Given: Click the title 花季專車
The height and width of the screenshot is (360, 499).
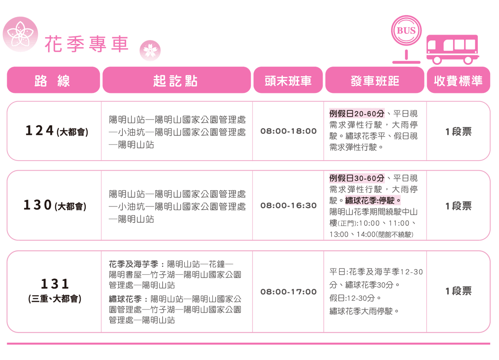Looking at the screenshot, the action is [87, 44].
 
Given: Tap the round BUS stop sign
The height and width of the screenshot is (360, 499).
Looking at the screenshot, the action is [406, 30].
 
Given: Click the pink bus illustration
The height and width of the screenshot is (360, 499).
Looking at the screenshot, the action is [452, 49].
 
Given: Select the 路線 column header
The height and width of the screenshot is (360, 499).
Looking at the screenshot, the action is [53, 80].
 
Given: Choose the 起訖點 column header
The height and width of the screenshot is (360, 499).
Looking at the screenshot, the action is [177, 80].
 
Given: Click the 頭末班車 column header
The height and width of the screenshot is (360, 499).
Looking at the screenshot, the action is [288, 80].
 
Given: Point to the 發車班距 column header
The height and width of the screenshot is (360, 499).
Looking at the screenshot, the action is [375, 80].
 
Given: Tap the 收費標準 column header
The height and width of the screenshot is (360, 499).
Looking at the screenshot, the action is [458, 80].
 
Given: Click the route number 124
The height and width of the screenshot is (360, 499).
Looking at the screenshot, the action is [39, 131].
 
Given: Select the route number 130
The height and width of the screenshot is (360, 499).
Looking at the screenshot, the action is [38, 205].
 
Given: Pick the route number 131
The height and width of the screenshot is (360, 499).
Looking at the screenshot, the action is [55, 284].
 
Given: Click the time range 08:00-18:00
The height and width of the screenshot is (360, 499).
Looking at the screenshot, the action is [288, 131].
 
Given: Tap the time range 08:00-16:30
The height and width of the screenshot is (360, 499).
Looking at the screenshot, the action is [288, 205].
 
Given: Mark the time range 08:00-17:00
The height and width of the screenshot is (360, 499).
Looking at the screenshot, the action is [288, 292].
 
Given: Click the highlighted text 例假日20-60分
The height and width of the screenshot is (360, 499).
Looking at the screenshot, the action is [357, 114].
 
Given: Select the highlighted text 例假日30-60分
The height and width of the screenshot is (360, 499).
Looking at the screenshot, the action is [357, 178].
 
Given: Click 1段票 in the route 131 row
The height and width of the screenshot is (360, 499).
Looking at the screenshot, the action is [458, 291].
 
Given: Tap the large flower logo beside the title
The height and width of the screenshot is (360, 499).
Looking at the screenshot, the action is [20, 34].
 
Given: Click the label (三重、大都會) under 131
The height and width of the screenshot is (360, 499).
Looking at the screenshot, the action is [55, 299].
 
